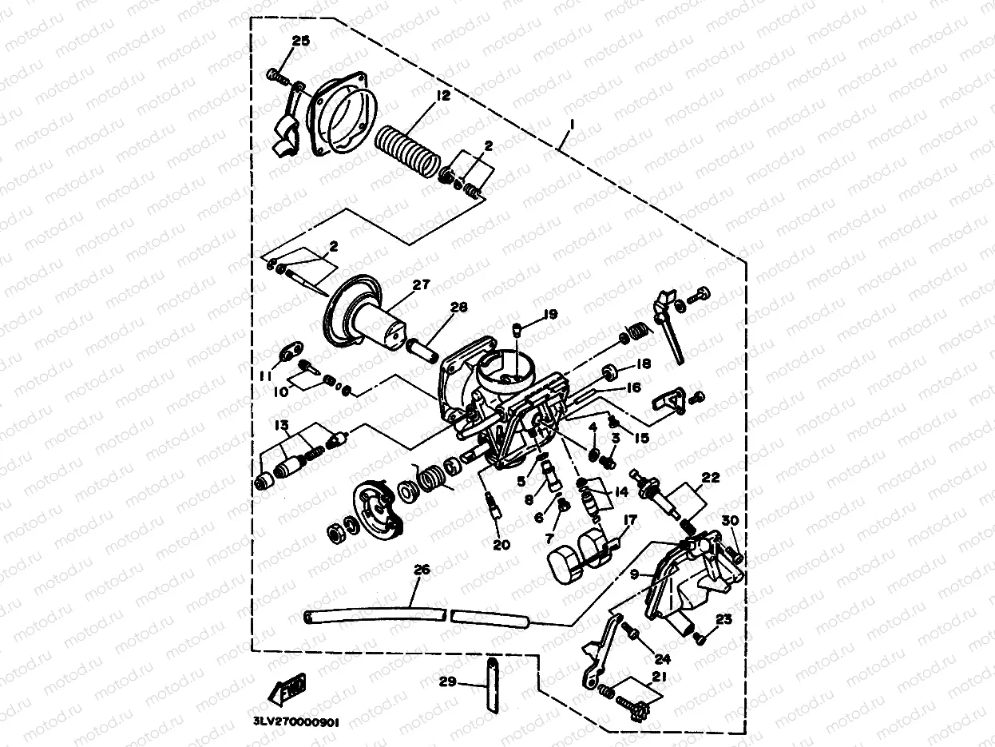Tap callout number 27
click(421, 284)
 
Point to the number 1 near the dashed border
click(571, 125)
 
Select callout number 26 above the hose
click(422, 570)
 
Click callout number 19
click(551, 314)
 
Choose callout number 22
click(710, 478)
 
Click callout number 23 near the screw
click(723, 618)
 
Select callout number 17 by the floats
click(630, 519)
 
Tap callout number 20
click(501, 545)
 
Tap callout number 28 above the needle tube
click(458, 308)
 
